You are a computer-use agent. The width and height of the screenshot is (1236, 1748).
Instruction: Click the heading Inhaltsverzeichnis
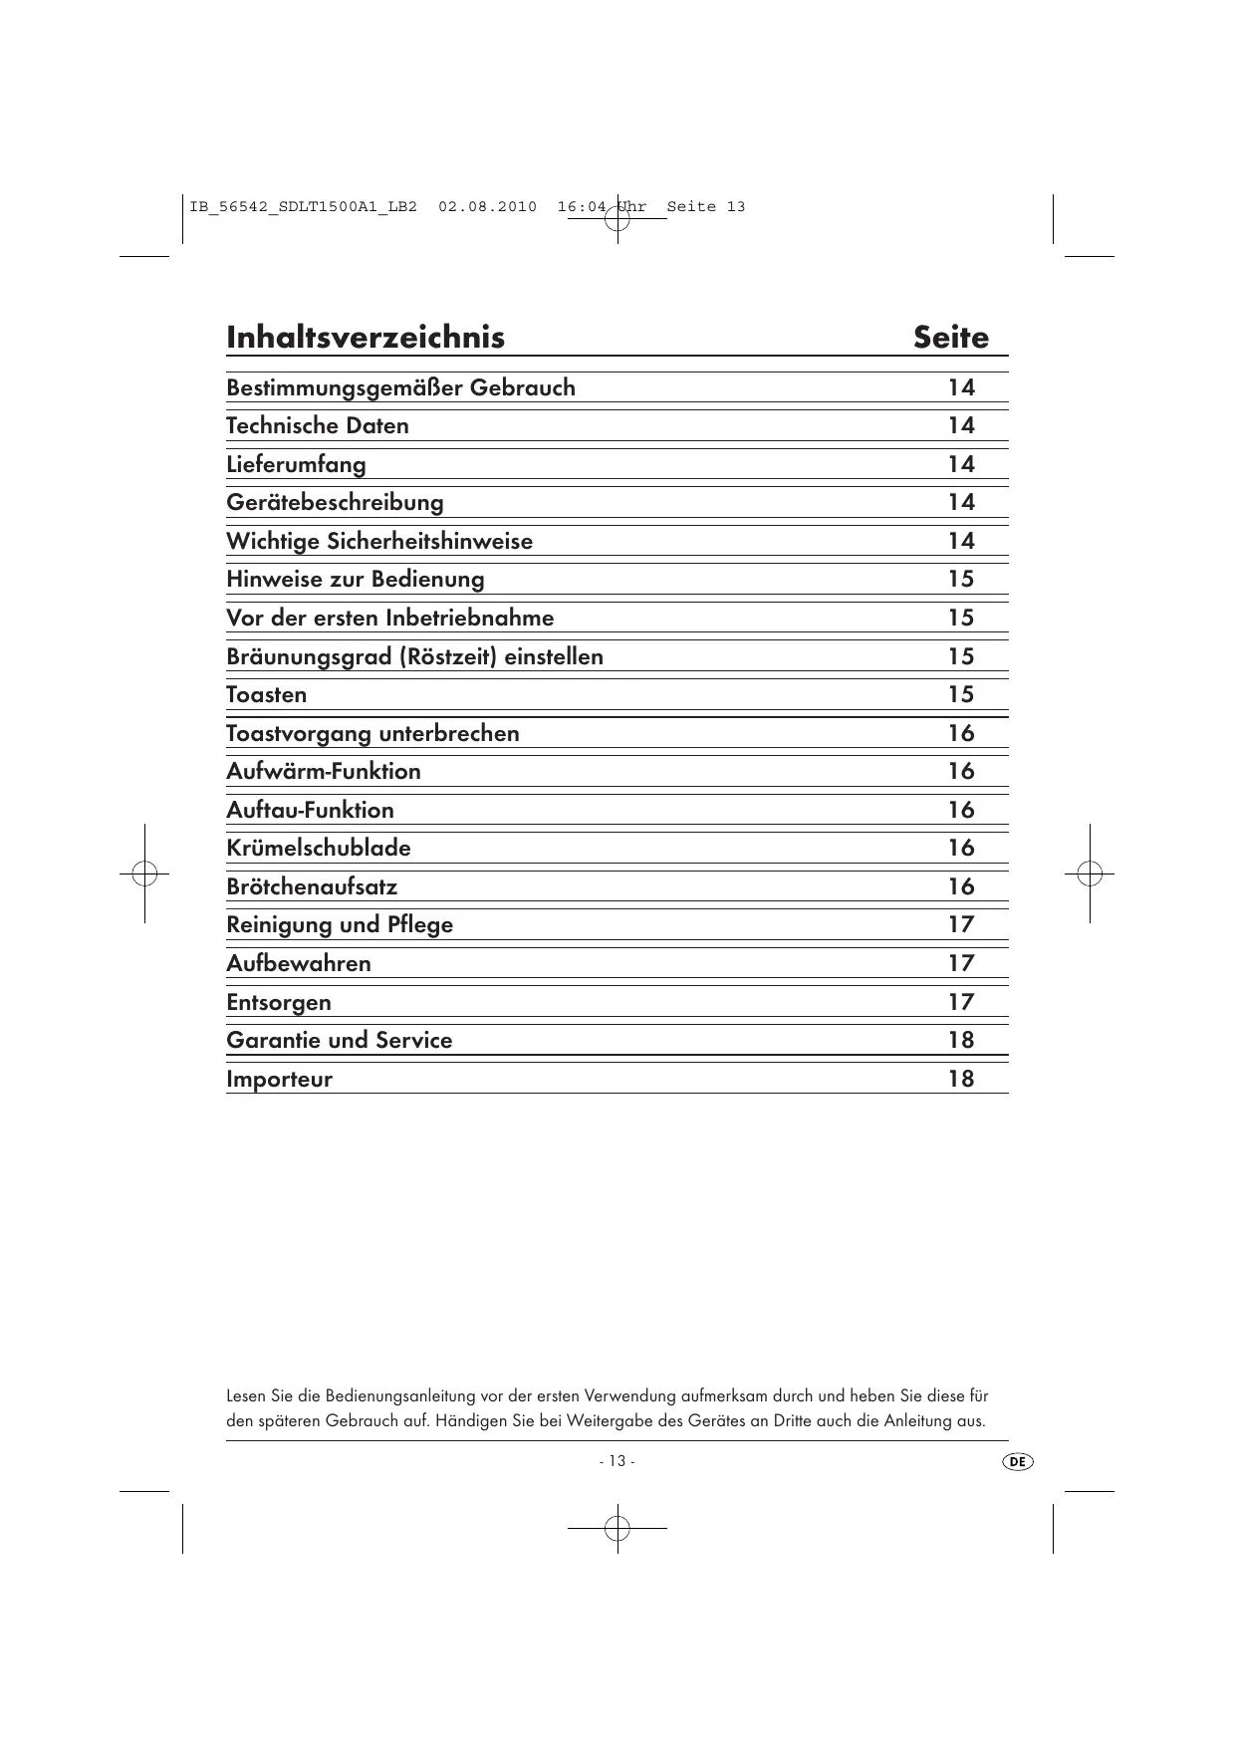coord(366,338)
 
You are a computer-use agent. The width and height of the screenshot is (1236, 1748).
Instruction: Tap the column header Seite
coord(951,338)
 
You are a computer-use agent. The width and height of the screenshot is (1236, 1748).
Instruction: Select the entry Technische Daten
coord(318,426)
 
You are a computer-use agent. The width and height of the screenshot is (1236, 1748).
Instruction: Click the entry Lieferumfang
coord(296,465)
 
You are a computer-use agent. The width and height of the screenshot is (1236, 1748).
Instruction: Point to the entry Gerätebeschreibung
coord(335,503)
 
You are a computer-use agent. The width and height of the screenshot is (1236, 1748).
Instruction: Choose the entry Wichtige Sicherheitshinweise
coord(379,542)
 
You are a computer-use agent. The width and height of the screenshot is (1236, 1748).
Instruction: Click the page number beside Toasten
coord(961,695)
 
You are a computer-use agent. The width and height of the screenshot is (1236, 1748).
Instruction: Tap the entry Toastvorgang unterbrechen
coord(372,734)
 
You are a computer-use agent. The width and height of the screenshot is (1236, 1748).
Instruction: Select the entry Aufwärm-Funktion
coord(324,772)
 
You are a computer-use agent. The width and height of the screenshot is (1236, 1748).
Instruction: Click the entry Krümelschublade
coord(319,849)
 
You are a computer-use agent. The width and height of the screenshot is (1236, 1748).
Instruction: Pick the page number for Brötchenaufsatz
coord(961,887)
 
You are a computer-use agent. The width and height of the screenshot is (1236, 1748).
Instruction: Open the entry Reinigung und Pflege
coord(340,925)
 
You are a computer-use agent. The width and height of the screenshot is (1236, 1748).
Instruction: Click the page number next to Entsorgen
coord(961,1003)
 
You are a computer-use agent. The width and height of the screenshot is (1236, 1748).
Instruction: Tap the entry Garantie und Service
coord(340,1041)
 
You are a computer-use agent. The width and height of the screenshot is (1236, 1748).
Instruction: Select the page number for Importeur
coord(961,1080)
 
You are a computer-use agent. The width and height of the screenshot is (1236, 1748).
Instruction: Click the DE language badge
coord(1017,1461)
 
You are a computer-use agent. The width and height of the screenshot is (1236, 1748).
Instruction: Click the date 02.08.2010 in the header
coord(487,207)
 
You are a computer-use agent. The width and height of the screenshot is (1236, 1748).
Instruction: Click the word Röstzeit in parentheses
coord(436,657)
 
